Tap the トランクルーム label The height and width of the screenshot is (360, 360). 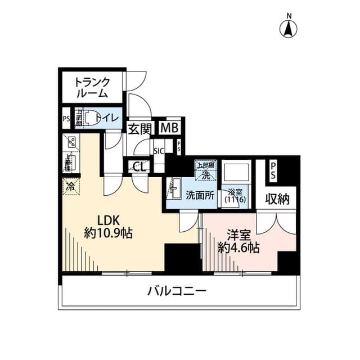[92, 88]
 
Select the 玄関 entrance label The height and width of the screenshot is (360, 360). [139, 128]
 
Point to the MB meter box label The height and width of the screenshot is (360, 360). [169, 128]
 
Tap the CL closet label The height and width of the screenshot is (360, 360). [138, 166]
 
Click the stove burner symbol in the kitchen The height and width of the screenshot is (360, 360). [71, 142]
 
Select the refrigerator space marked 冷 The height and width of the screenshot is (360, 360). [71, 185]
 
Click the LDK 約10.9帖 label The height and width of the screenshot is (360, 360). [108, 226]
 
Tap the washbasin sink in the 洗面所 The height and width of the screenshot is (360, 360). [174, 187]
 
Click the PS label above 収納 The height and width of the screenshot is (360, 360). [273, 170]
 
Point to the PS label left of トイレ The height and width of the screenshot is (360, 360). [66, 119]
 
